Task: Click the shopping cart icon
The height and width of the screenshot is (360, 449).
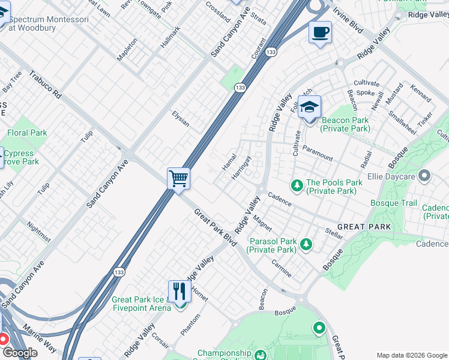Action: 178,178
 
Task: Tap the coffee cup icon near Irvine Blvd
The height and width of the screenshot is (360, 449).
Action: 320,31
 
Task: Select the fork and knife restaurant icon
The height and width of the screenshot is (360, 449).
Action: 179,292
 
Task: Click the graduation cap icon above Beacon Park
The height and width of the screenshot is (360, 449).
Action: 309,107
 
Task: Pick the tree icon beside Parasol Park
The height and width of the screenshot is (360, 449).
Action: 306,244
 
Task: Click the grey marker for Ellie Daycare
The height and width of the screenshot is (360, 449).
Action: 425,176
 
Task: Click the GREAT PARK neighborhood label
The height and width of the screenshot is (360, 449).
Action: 364,227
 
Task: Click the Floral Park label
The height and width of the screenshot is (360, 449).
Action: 27,133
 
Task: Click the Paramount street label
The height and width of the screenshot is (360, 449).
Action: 318,153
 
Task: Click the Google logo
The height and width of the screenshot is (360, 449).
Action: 19,353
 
